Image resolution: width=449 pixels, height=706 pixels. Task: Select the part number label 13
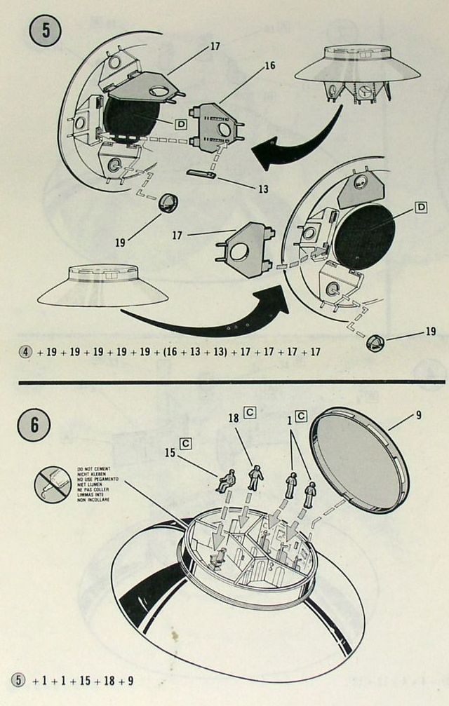(x=263, y=189)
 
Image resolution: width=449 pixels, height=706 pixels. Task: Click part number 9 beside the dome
(x=419, y=414)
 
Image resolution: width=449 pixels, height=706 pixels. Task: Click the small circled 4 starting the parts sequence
(x=25, y=351)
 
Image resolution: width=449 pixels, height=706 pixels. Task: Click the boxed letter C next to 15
(x=187, y=443)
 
